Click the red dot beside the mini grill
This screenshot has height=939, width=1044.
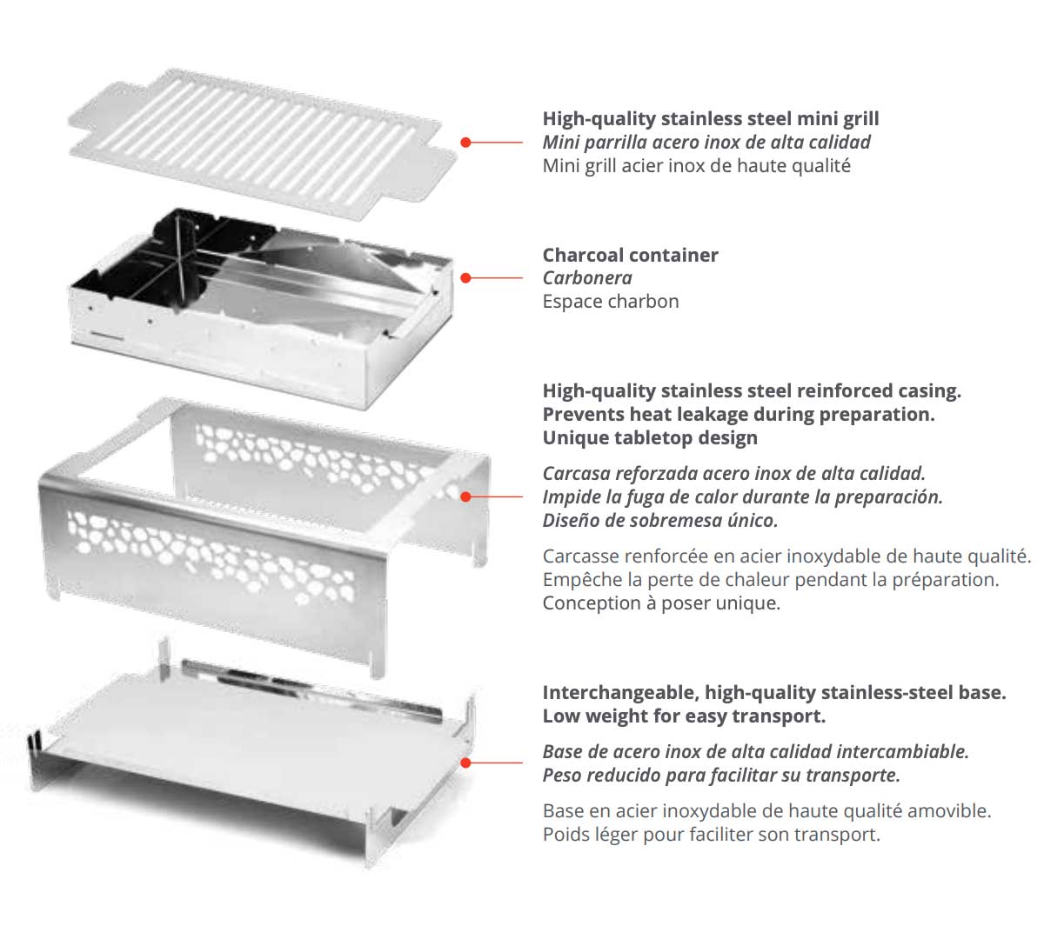coord(466,142)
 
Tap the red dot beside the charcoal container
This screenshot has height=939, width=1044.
coord(466,278)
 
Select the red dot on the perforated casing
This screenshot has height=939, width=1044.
coord(466,496)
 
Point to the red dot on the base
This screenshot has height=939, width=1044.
coord(466,763)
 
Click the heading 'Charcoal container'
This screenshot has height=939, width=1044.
coord(630,255)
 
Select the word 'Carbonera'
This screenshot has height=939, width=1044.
coord(587,278)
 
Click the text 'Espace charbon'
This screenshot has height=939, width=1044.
coord(611,302)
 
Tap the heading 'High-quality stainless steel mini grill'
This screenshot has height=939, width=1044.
coord(710,119)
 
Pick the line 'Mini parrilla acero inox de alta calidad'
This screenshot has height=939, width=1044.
coord(706,143)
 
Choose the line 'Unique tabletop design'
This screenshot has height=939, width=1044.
coord(650,438)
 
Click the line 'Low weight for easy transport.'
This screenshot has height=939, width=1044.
coord(684,716)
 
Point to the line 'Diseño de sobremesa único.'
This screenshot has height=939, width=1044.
coord(660,521)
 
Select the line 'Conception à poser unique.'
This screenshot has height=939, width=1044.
coord(661,603)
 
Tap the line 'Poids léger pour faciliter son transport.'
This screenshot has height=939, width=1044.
coord(711,835)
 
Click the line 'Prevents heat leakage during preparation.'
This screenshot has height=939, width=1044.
coord(739,415)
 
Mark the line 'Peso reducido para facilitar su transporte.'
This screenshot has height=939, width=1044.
coord(721,776)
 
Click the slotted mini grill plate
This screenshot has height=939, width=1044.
coord(261,139)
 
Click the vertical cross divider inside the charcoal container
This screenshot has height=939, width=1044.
coord(184,261)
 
